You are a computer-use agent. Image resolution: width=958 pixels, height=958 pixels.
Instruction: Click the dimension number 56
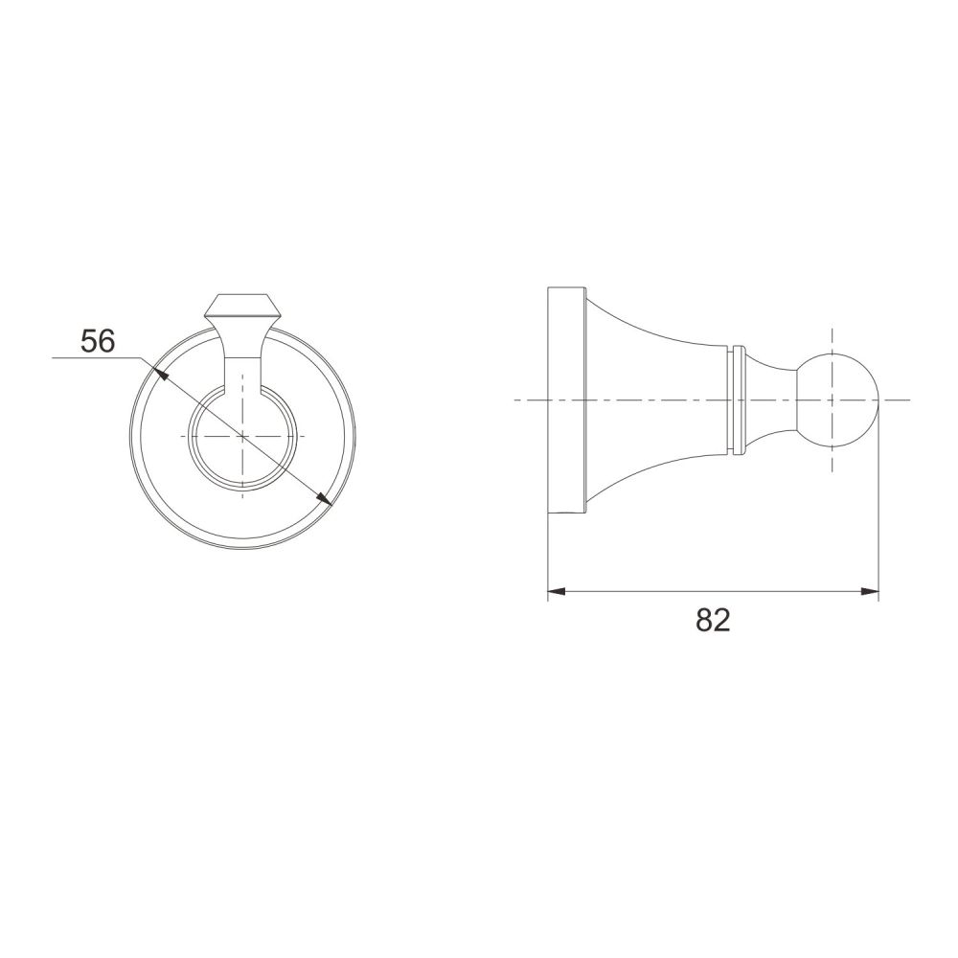pos(98,341)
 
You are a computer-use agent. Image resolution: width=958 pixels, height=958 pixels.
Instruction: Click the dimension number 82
pos(713,620)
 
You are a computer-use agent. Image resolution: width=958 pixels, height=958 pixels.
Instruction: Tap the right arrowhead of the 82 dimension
pos(870,591)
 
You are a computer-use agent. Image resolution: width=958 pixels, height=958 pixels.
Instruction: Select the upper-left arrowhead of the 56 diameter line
pos(160,373)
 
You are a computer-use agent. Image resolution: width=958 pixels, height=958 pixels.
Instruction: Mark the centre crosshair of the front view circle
pos(243,436)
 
